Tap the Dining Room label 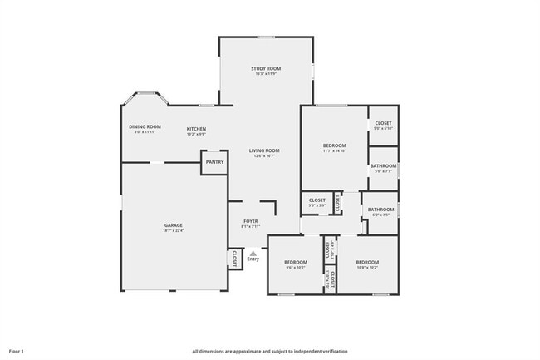(145, 126)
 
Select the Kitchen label (196, 129)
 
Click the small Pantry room (214, 162)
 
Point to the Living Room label (265, 150)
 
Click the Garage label (173, 225)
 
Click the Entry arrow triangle (253, 253)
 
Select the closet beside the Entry (235, 259)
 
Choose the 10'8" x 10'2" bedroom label (366, 262)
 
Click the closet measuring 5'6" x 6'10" (383, 123)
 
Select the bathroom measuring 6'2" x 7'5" (380, 210)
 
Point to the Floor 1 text (17, 352)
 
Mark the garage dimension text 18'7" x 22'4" (173, 230)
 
